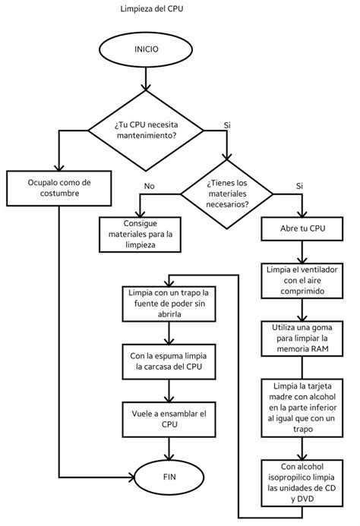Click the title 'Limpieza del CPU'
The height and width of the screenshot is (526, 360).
[151, 10]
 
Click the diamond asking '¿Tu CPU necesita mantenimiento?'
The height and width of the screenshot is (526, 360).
[147, 130]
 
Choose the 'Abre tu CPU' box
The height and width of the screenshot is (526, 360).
[302, 228]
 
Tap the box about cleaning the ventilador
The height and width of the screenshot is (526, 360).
[302, 280]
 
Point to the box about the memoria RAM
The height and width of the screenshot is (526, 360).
[302, 338]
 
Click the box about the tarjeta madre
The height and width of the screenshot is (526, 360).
[302, 406]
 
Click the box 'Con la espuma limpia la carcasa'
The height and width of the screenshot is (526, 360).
[168, 361]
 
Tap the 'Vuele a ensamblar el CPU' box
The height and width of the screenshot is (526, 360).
[168, 419]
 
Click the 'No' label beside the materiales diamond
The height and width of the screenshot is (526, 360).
[150, 185]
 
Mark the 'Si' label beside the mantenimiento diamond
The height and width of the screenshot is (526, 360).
[227, 124]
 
